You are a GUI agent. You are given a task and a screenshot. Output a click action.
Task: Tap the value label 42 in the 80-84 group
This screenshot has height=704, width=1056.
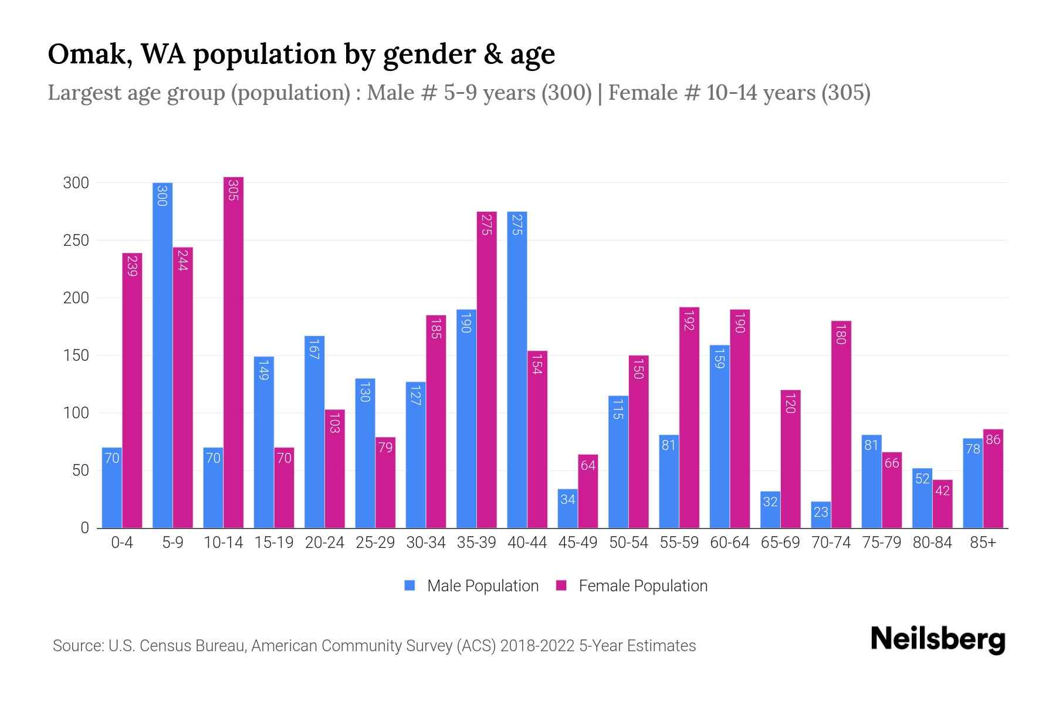[942, 490]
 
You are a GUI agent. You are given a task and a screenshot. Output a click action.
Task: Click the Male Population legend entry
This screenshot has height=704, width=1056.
[471, 585]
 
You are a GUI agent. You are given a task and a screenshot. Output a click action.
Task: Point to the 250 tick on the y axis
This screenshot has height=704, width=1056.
[76, 241]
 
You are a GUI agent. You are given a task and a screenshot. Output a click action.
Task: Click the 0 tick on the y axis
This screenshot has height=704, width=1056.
[84, 528]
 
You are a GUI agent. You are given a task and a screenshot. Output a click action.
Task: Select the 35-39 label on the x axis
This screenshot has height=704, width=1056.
[476, 543]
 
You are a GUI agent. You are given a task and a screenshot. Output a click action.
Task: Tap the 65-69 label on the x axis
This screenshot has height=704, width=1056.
[780, 543]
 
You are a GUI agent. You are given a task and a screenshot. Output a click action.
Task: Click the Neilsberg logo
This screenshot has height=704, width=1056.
[937, 639]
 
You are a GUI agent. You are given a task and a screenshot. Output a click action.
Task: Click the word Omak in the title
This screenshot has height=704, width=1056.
[87, 54]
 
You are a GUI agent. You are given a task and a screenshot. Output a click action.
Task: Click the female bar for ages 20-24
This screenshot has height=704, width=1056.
[334, 469]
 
